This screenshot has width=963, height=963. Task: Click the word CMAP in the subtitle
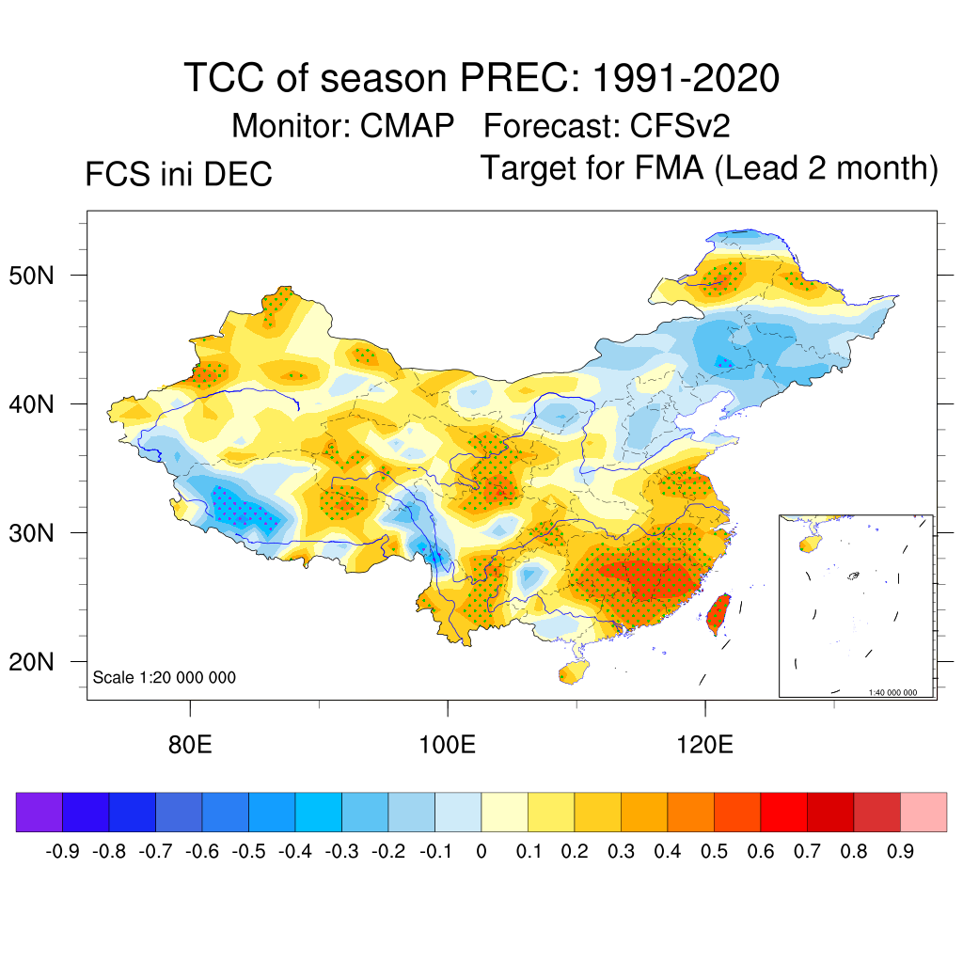[x=407, y=125]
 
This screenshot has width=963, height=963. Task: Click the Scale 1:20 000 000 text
[x=165, y=678]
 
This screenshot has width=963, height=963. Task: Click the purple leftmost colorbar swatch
[x=39, y=813]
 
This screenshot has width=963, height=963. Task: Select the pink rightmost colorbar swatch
[x=924, y=813]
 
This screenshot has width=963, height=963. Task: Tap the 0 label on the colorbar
[x=481, y=852]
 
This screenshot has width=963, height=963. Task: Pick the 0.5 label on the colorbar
[x=714, y=852]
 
